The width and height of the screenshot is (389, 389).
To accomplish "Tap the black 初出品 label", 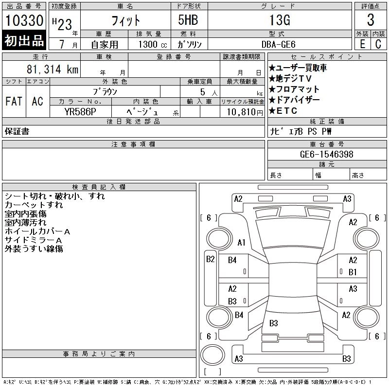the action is click(x=24, y=41).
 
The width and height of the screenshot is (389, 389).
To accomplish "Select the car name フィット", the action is click(x=125, y=20).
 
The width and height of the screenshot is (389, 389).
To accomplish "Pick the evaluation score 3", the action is click(x=371, y=20).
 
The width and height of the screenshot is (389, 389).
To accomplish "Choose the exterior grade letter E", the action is click(x=362, y=44).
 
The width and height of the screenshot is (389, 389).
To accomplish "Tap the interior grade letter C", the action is click(x=378, y=44).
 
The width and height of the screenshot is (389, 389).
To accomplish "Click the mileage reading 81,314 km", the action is click(x=53, y=69).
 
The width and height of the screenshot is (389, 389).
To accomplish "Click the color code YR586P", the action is click(x=80, y=112).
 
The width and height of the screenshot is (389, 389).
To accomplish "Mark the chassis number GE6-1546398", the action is click(x=327, y=154).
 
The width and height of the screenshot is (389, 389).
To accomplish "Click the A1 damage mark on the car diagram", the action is click(x=241, y=242).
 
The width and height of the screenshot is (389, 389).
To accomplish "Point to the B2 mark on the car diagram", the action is click(x=210, y=259).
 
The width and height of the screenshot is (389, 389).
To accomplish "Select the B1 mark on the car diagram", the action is click(x=353, y=272).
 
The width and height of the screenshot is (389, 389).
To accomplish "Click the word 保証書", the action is click(x=17, y=131).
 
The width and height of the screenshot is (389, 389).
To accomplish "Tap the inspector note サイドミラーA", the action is click(x=33, y=240).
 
